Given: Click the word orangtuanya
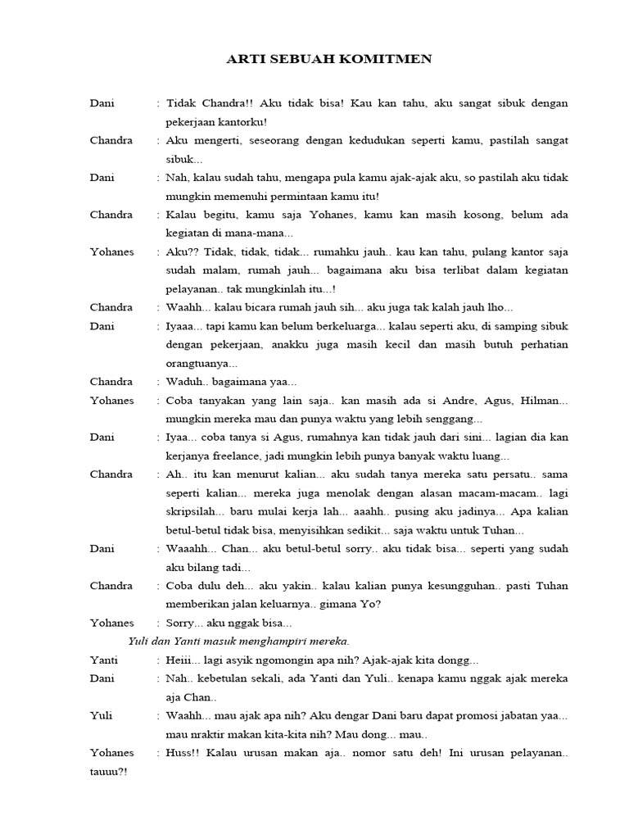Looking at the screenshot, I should pos(201,363).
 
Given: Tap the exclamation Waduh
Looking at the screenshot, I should pos(186,382).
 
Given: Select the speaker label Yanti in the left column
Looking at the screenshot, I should pos(104,660).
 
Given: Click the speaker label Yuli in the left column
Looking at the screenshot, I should pos(102,716).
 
